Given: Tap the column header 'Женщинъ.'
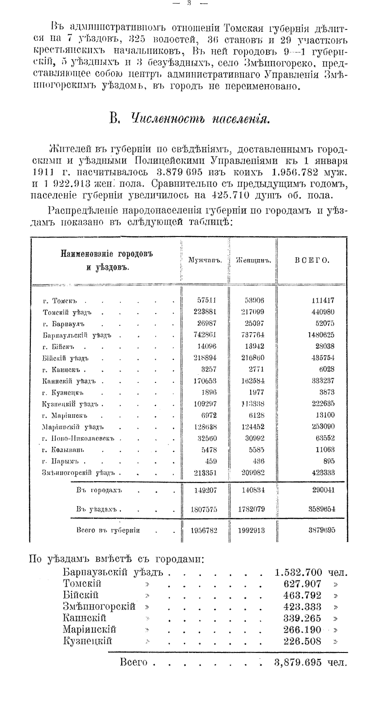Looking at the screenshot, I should [x=253, y=261].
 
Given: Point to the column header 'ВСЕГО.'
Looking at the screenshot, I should [x=312, y=261].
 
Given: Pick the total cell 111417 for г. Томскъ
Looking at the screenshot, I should [x=323, y=301].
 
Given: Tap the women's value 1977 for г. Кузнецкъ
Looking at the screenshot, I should [x=256, y=392].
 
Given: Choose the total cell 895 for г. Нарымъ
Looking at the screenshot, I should [x=329, y=461].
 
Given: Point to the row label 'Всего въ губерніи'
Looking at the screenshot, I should [x=108, y=530].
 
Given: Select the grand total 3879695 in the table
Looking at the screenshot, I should [x=322, y=530].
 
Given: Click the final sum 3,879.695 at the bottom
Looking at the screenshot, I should [x=298, y=662].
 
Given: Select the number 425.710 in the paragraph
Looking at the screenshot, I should [x=214, y=195].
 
